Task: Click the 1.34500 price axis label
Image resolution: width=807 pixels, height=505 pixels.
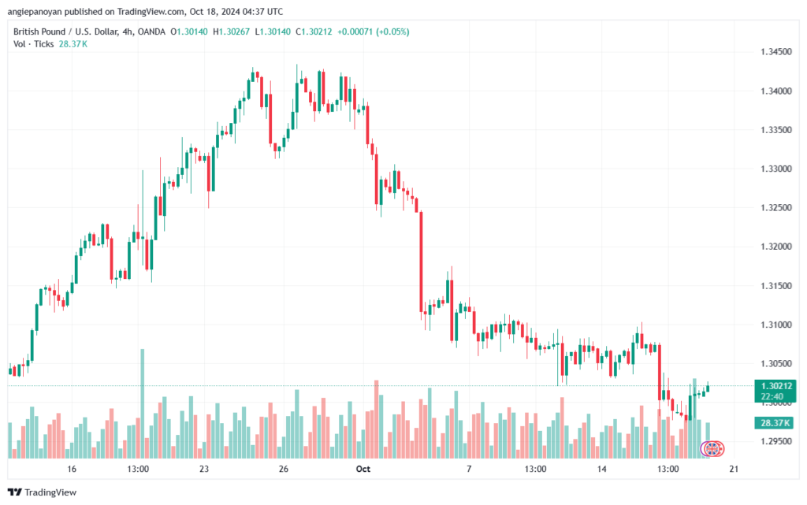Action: [775, 52]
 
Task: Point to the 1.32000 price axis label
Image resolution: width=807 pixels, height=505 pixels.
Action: [775, 247]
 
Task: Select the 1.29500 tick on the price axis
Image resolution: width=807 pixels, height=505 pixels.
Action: [775, 441]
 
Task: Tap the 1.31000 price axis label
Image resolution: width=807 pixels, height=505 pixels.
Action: [775, 325]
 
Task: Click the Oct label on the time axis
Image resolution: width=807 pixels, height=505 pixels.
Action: [363, 470]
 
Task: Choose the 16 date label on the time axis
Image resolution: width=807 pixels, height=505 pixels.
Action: [72, 470]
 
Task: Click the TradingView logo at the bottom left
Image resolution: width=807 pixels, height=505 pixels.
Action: [45, 492]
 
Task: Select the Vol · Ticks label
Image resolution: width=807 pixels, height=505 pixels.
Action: [33, 44]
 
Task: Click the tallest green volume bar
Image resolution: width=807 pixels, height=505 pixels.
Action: [143, 402]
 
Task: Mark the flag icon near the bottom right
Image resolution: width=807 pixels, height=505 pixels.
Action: [712, 448]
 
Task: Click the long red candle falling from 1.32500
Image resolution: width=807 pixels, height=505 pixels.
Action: [422, 260]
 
